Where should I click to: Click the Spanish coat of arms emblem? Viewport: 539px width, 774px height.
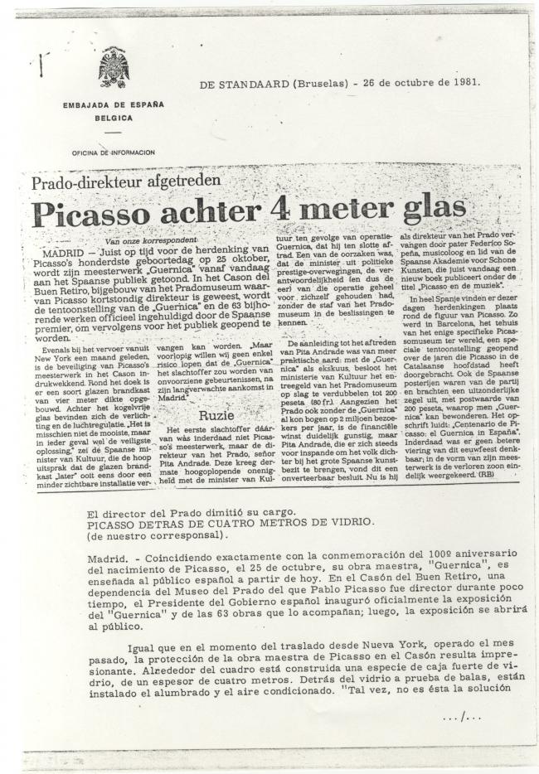pyautogui.click(x=114, y=67)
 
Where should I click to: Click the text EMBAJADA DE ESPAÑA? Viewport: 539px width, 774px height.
pyautogui.click(x=114, y=105)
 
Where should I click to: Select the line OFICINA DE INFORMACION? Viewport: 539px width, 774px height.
pyautogui.click(x=113, y=153)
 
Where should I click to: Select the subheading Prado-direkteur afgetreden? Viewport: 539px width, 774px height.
pyautogui.click(x=127, y=181)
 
